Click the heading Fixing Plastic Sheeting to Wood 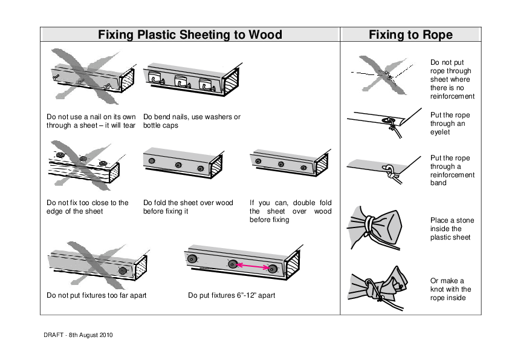pos(190,35)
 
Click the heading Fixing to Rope pos(410,35)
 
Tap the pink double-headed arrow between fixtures pos(253,266)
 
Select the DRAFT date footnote pos(79,335)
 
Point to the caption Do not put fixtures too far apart pos(96,296)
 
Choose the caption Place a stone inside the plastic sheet pos(452,229)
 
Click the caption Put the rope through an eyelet pos(450,123)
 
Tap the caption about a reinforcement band pos(452,171)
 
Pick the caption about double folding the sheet pos(290,211)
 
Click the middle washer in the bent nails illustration pos(183,80)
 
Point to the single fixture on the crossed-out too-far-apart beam pos(123,271)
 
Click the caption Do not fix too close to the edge pos(87,207)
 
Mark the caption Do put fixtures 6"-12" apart pos(232,296)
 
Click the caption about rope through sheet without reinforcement pos(452,79)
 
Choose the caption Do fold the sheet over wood pos(188,207)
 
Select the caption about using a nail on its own pos(91,121)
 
